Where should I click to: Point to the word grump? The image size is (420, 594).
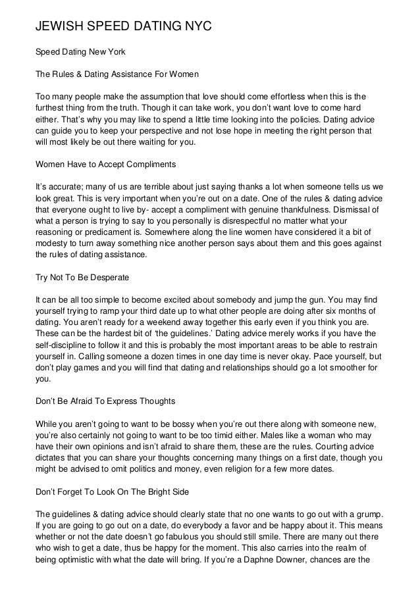[x=369, y=514]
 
